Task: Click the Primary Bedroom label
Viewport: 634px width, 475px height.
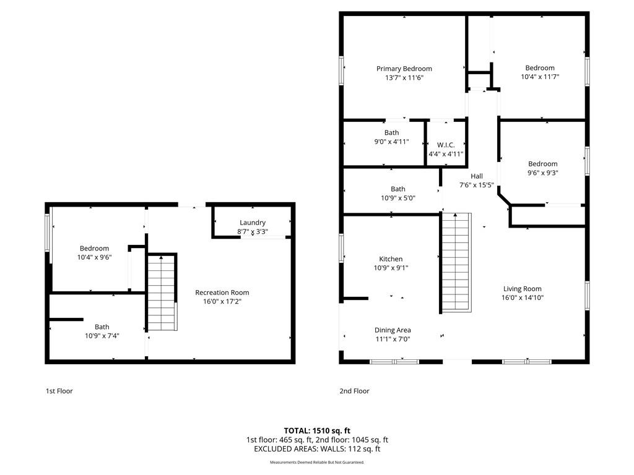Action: [404, 69]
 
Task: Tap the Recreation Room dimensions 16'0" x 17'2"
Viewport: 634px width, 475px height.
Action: [222, 301]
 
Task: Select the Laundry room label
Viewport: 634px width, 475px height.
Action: [253, 223]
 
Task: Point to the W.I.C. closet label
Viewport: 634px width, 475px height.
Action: [446, 145]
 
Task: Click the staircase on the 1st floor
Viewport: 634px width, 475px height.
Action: [162, 293]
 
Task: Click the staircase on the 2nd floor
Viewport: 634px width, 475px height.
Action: [456, 262]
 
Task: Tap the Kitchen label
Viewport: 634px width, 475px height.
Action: [391, 259]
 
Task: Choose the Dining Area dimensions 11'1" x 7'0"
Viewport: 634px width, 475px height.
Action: [393, 339]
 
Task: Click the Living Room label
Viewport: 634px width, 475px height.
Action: [522, 289]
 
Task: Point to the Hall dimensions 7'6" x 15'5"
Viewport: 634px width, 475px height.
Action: [476, 185]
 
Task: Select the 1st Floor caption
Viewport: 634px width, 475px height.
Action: [59, 391]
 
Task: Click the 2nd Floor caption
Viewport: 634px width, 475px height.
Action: [354, 391]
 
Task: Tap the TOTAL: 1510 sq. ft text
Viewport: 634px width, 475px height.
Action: [317, 430]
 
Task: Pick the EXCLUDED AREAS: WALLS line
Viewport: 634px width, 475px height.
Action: [317, 449]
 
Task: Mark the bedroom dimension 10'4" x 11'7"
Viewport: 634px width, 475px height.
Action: [540, 77]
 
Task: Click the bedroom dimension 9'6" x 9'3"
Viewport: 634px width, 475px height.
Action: [542, 173]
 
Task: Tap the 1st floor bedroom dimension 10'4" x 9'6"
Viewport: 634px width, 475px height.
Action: [94, 257]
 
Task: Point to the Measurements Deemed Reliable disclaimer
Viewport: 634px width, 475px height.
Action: [317, 462]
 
